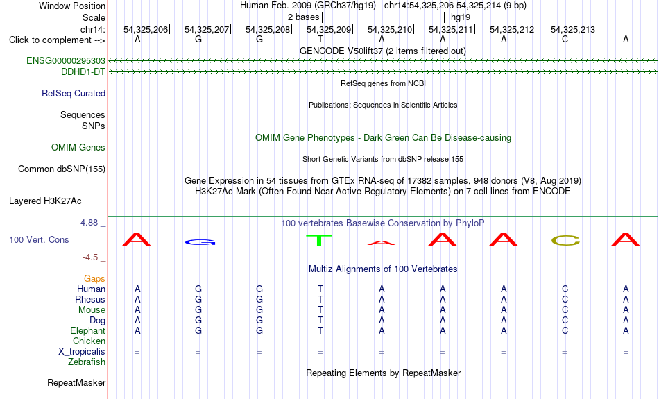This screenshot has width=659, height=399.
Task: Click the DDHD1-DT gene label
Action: click(83, 72)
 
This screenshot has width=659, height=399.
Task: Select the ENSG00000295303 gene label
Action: click(66, 61)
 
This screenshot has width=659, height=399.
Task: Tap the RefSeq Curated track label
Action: click(74, 94)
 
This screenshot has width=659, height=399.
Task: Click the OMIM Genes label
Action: click(78, 148)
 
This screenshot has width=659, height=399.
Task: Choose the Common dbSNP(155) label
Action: click(62, 169)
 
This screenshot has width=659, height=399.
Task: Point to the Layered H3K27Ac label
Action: click(45, 201)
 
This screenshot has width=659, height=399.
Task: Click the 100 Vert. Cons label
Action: click(39, 239)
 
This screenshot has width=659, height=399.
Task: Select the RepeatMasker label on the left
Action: click(76, 382)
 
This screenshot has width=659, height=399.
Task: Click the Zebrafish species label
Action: click(87, 362)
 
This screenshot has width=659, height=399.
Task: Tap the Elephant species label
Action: click(88, 330)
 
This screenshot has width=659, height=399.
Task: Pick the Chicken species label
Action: click(89, 341)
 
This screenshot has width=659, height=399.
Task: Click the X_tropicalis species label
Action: click(82, 352)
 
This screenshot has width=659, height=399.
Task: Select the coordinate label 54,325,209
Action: click(329, 29)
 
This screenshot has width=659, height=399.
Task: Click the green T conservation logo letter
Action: click(319, 240)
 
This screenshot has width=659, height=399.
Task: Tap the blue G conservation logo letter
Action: click(200, 242)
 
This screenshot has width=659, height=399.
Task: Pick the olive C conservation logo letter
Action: click(565, 241)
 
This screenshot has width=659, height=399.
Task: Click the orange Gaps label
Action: click(94, 278)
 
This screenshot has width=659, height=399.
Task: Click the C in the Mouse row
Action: click(565, 310)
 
